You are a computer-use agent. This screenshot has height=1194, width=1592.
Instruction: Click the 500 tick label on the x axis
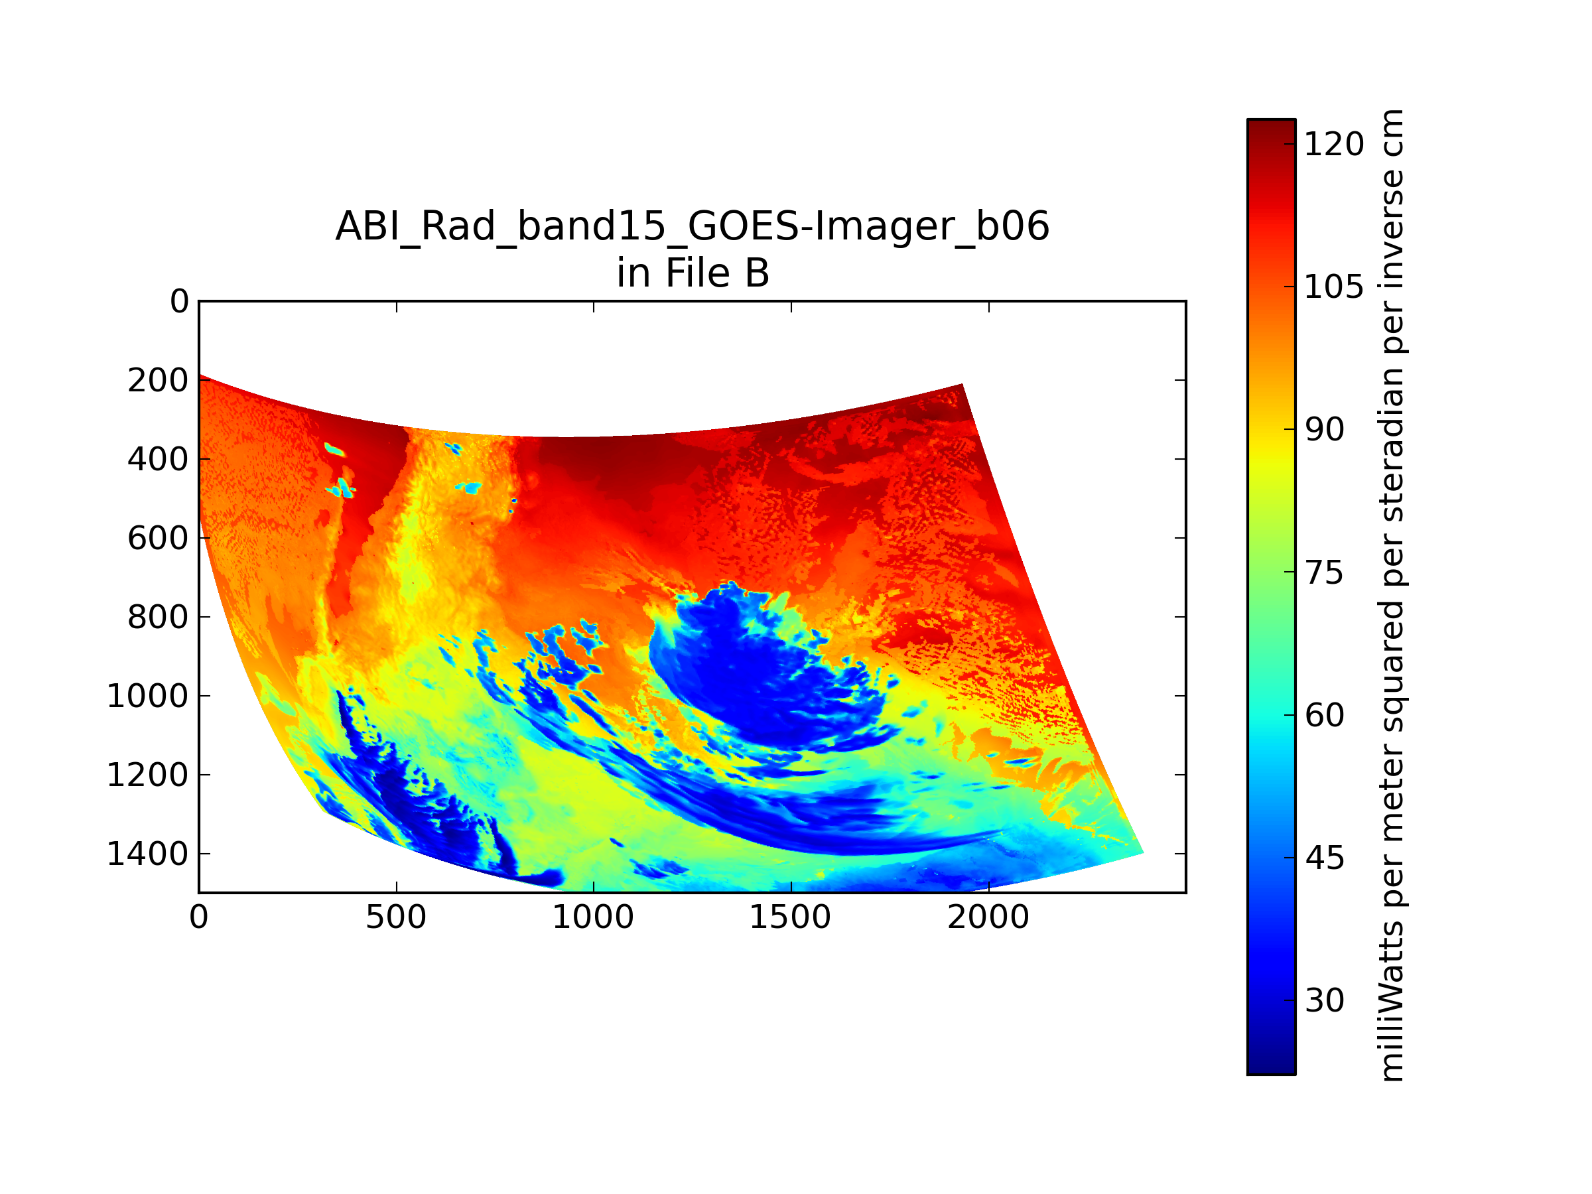(396, 917)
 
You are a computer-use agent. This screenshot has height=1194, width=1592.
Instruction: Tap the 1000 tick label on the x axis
(593, 917)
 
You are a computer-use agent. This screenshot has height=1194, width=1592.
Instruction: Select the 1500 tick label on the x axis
(790, 917)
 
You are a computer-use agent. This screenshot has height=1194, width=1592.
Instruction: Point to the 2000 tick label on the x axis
(988, 917)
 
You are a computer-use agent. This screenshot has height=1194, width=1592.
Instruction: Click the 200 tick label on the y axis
(158, 380)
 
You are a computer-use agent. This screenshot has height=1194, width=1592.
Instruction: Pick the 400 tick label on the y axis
(158, 459)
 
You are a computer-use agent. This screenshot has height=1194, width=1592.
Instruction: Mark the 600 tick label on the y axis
(158, 539)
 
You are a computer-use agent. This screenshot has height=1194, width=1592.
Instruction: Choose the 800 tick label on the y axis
(158, 618)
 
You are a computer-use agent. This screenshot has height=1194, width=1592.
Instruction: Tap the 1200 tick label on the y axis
(147, 775)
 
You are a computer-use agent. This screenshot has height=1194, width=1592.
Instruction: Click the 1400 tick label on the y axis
(147, 854)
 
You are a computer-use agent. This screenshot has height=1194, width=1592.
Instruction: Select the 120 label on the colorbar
(1333, 145)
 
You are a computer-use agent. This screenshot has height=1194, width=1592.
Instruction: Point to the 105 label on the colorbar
(1333, 287)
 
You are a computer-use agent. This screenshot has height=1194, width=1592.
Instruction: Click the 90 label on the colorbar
(1324, 430)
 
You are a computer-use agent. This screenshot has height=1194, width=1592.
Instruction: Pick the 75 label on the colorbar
(1324, 573)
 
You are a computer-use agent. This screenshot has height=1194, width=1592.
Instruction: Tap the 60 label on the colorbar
(1324, 715)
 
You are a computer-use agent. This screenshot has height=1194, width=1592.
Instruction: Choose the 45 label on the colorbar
(1324, 858)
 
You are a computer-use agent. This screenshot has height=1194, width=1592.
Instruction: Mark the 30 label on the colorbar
(1324, 1000)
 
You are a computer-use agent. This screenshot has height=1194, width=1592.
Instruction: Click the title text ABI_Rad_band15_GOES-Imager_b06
(693, 227)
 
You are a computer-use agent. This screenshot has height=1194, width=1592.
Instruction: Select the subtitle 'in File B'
(693, 273)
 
